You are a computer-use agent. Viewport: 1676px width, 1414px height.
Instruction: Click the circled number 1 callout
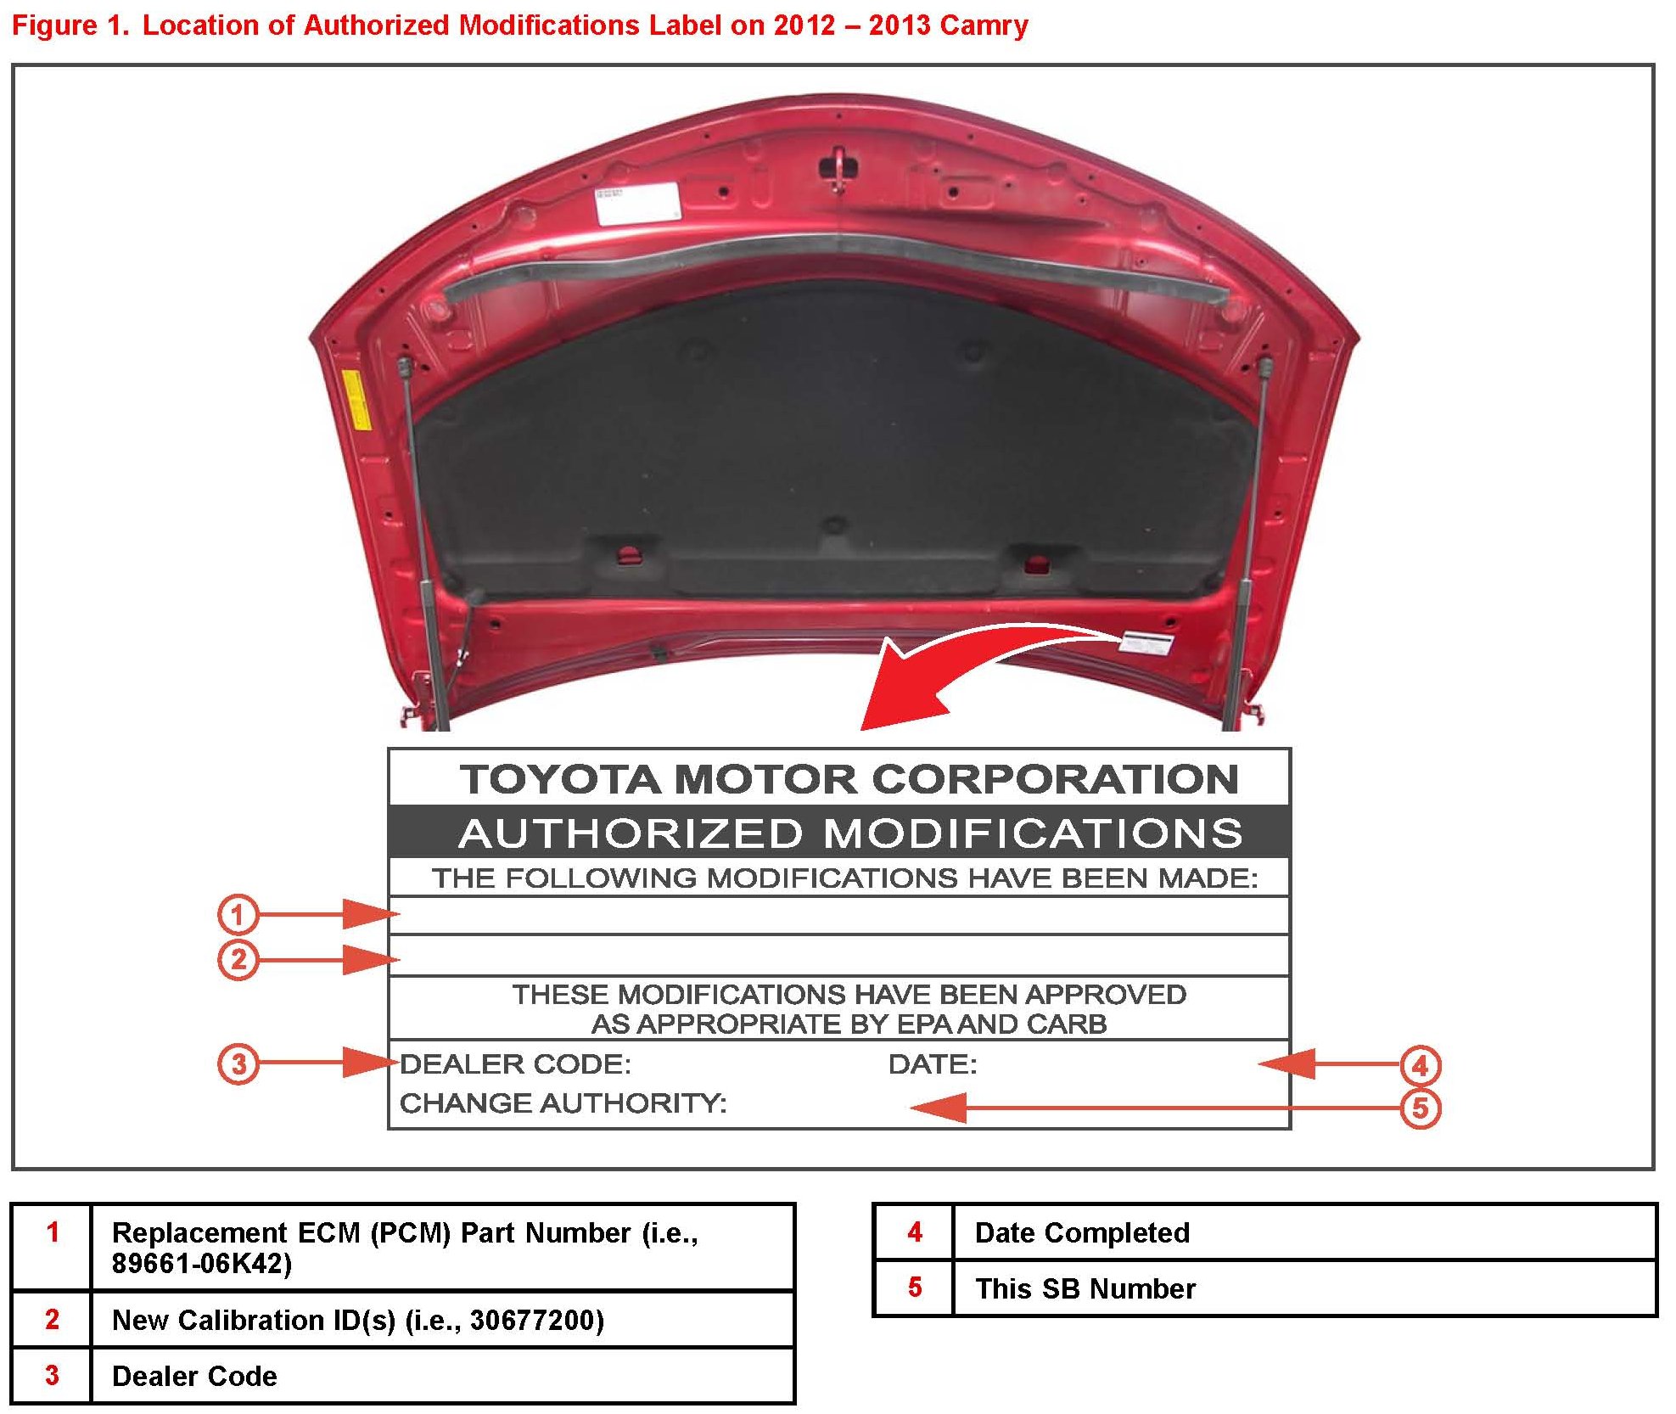point(238,914)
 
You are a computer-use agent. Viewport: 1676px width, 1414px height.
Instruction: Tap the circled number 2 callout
point(238,960)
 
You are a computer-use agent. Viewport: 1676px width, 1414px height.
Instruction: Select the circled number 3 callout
point(238,1063)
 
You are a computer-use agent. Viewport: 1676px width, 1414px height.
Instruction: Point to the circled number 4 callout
point(1420,1065)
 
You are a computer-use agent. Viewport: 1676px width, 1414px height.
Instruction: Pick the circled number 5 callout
point(1420,1108)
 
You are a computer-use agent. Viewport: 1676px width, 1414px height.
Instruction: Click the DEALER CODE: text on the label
point(515,1064)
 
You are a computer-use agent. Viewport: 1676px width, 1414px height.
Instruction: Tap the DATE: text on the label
point(933,1064)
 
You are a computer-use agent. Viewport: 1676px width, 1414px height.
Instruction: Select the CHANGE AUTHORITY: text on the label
point(563,1103)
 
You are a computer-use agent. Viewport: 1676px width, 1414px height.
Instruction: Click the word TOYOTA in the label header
point(560,779)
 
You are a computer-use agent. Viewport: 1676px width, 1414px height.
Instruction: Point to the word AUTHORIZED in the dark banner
point(631,833)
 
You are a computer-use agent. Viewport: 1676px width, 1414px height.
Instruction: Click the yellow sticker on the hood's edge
point(355,399)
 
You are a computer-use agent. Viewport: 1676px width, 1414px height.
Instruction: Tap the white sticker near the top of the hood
point(637,203)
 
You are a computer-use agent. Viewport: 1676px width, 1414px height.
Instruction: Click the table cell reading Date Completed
point(1082,1232)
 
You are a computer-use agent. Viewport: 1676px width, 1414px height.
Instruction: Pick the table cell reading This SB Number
point(1085,1288)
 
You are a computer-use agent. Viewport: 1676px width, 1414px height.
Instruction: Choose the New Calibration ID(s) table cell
point(357,1320)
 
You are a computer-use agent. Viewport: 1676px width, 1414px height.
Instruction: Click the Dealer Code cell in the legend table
point(194,1376)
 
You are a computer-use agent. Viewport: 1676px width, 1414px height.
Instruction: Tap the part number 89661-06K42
point(202,1264)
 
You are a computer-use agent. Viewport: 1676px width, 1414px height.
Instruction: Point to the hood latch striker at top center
point(838,166)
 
